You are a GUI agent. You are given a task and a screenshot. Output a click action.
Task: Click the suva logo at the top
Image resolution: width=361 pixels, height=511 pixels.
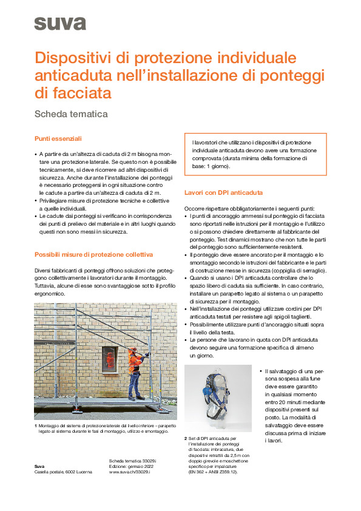click(x=60, y=24)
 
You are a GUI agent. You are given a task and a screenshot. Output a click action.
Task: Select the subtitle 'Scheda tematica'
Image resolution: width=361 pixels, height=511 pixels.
click(x=72, y=113)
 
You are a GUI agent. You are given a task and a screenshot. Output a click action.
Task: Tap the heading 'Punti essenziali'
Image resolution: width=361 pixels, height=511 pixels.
click(x=58, y=139)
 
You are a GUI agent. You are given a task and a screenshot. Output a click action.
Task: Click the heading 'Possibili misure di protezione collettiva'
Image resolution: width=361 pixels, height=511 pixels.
click(x=93, y=254)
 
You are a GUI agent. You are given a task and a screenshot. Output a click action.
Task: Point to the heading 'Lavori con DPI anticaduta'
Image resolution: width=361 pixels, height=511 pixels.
click(x=223, y=193)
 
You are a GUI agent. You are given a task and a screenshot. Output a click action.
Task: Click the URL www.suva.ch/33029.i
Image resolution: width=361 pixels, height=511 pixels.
click(x=129, y=472)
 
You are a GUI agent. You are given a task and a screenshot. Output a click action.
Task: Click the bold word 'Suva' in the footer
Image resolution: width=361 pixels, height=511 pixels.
click(x=39, y=466)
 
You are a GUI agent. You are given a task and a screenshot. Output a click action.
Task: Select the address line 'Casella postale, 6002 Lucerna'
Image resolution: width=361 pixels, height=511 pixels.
click(x=63, y=472)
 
